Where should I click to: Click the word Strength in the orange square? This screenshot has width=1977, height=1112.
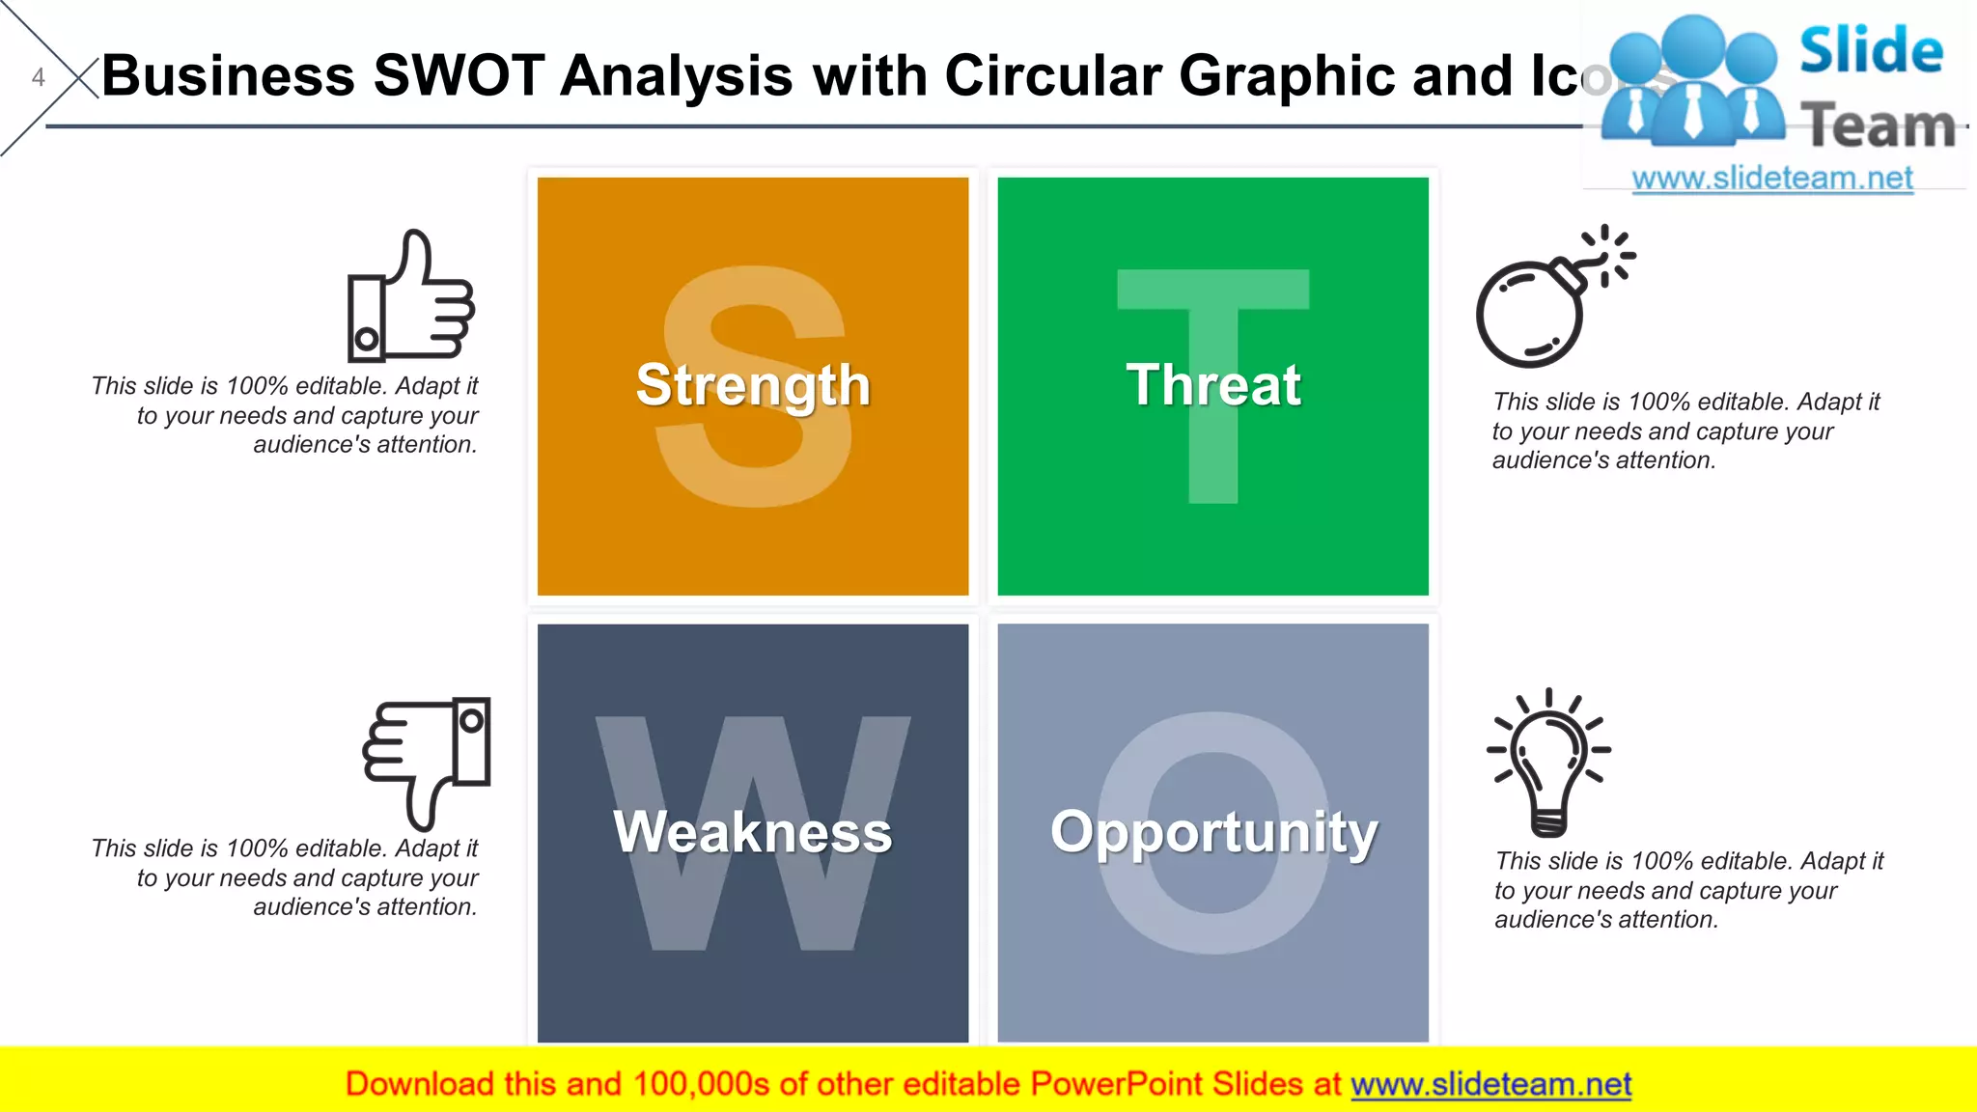[753, 385]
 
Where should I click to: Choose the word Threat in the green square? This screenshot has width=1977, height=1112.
[1213, 385]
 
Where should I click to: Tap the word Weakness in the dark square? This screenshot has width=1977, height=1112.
[753, 832]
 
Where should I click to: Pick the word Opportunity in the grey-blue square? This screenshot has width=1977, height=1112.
[1213, 832]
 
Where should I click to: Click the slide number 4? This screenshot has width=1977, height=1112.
[39, 77]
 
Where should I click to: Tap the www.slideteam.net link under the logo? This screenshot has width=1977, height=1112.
[1772, 179]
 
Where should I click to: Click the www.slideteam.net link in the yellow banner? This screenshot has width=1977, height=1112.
[1491, 1084]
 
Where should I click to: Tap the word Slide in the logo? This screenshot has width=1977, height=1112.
[1871, 50]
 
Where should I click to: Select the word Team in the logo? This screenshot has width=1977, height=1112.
[1879, 125]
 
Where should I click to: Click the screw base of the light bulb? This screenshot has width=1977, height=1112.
[1548, 823]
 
